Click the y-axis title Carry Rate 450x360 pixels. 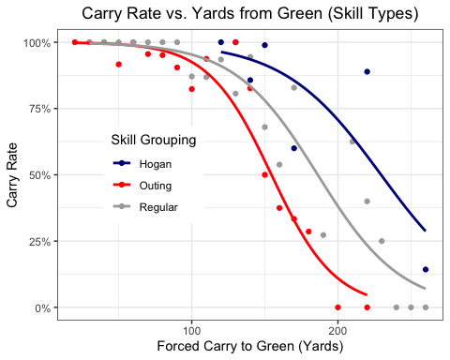pos(12,175)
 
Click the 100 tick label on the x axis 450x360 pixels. pos(192,329)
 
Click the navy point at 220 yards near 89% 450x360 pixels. pos(367,72)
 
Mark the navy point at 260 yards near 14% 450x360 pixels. pos(426,269)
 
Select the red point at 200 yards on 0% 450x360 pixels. pos(337,307)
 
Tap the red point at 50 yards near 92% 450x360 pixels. pos(118,64)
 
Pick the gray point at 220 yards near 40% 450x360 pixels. pos(367,202)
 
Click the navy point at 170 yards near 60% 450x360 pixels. pos(293,148)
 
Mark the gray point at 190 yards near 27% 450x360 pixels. pos(323,235)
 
